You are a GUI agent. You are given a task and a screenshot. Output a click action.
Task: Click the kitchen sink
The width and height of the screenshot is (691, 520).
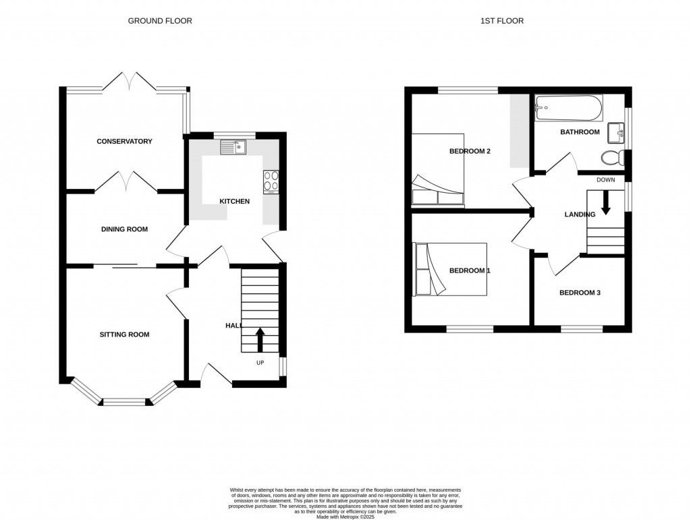tap(233, 146)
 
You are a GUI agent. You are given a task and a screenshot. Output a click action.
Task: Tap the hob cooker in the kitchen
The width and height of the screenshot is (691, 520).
tap(271, 180)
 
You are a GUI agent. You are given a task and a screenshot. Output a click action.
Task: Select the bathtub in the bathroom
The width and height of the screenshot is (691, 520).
tap(566, 107)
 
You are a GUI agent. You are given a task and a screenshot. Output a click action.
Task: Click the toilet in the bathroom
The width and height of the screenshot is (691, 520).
tap(611, 158)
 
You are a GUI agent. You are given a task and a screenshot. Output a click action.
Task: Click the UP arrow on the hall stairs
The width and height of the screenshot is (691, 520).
tap(260, 339)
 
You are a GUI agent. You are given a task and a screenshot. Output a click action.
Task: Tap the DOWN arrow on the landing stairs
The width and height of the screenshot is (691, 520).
tap(605, 202)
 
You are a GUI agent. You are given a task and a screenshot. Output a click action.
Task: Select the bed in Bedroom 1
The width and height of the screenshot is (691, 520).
tap(449, 269)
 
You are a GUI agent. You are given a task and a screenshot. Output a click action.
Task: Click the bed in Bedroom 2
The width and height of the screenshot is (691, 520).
tap(437, 168)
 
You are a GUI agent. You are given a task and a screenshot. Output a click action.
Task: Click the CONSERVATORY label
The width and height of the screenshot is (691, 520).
tap(124, 142)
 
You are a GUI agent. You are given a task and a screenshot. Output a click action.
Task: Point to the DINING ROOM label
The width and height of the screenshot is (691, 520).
tap(124, 229)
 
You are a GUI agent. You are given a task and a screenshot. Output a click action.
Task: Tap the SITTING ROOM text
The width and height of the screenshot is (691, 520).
tap(124, 335)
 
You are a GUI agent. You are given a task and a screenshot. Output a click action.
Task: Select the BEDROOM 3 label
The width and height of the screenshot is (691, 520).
tap(580, 293)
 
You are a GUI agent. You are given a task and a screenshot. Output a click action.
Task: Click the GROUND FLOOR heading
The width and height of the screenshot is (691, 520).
tap(160, 21)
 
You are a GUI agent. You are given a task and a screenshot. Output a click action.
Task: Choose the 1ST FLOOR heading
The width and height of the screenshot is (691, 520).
tap(501, 21)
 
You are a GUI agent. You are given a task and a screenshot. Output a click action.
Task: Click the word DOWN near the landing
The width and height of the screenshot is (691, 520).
tap(605, 180)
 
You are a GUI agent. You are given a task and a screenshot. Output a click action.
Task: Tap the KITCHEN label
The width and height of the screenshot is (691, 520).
tap(235, 202)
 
